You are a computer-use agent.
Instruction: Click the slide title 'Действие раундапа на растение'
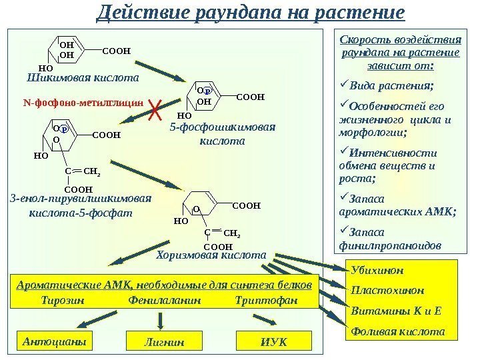pos(250,13)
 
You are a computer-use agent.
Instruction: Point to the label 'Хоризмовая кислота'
pos(210,255)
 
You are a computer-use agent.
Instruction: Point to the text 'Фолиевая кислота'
pos(397,331)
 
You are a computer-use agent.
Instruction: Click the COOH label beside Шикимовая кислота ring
pos(116,50)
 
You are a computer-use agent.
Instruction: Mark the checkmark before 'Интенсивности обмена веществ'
pos(344,151)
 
